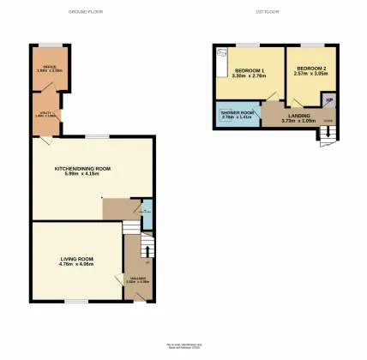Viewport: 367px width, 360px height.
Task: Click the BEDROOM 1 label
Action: click(249, 71)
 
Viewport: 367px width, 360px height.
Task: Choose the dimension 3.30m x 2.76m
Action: click(249, 78)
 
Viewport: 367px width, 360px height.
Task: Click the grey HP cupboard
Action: click(329, 99)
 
